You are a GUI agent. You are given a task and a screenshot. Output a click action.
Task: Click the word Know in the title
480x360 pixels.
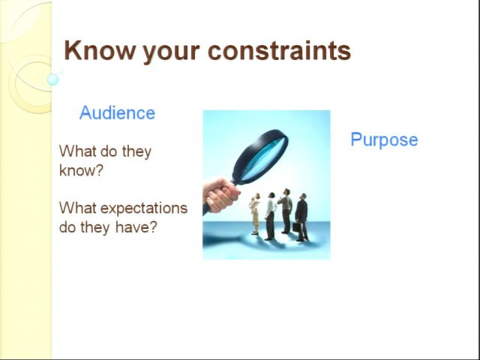click(x=100, y=50)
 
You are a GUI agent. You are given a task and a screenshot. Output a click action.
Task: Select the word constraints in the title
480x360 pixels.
click(x=279, y=50)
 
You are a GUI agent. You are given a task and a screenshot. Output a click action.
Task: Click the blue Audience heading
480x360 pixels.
click(x=117, y=112)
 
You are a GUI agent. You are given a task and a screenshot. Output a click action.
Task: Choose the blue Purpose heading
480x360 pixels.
click(x=384, y=140)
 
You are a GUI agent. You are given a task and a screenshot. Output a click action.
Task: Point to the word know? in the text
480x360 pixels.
click(x=81, y=170)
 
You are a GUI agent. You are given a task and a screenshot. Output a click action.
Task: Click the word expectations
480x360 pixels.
click(x=144, y=209)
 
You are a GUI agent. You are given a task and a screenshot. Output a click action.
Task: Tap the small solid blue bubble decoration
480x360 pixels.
click(x=52, y=79)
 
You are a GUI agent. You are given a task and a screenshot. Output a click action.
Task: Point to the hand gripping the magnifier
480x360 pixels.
click(x=220, y=195)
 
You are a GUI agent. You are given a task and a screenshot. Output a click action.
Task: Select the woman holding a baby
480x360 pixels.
click(x=255, y=214)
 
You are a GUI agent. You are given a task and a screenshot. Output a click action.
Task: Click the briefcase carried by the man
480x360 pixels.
click(x=296, y=227)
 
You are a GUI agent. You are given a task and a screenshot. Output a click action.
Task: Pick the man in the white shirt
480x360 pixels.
click(x=270, y=216)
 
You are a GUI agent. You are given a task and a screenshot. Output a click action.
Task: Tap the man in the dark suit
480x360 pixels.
click(x=301, y=217)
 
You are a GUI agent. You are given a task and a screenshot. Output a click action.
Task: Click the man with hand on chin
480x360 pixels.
click(x=286, y=211)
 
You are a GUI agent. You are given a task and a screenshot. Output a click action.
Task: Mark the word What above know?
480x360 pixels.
click(x=73, y=151)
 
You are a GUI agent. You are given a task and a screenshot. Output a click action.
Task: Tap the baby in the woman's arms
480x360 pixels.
click(x=253, y=203)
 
